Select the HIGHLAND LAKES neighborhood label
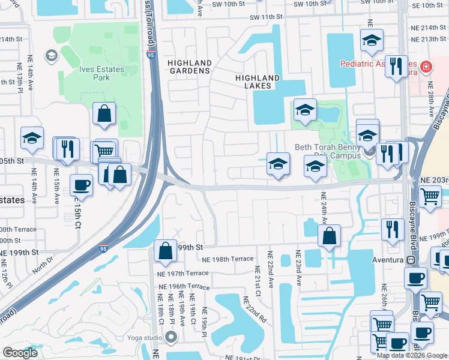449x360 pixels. pyautogui.click(x=258, y=82)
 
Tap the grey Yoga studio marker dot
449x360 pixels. pyautogui.click(x=171, y=337)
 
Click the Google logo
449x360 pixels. pyautogui.click(x=20, y=353)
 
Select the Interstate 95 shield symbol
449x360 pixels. pyautogui.click(x=104, y=248)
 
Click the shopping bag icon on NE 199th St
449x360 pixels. pyautogui.click(x=165, y=251)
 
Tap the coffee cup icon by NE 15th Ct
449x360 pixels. pyautogui.click(x=81, y=184)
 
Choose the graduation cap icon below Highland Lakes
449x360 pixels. pyautogui.click(x=305, y=110)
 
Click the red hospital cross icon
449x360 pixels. pyautogui.click(x=426, y=67)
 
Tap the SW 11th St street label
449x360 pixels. pyautogui.click(x=266, y=17)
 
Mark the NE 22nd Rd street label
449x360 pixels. pyautogui.click(x=255, y=310)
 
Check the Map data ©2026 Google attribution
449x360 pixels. pyautogui.click(x=412, y=355)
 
